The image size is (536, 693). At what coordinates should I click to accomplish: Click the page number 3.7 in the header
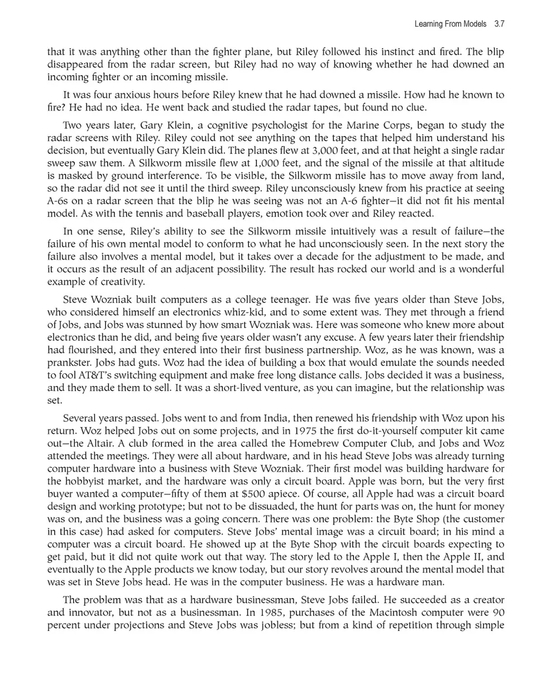(x=499, y=25)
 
